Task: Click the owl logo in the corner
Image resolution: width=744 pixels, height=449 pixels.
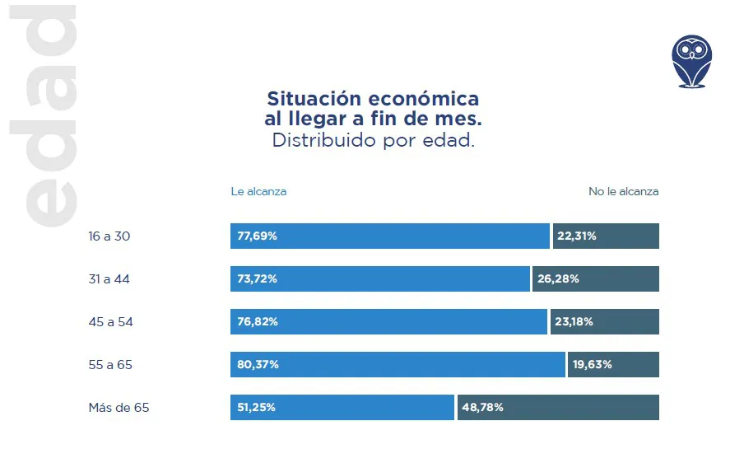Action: (691, 61)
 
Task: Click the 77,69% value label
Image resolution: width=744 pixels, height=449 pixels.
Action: (257, 236)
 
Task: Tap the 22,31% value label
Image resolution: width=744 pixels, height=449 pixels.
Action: (576, 236)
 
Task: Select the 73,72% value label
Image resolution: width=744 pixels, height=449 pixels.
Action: (257, 279)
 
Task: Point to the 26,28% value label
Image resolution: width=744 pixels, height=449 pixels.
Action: (558, 279)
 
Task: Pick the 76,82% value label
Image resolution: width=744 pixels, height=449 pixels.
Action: (257, 322)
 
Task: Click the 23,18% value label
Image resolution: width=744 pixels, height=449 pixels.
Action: (574, 322)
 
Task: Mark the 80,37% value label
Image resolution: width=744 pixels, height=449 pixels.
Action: (258, 365)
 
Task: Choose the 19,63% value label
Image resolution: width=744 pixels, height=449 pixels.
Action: (592, 365)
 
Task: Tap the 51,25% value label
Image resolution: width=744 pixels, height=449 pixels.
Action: (256, 408)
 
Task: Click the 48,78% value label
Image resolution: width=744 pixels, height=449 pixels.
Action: (483, 408)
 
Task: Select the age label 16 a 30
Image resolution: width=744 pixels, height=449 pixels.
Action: (109, 236)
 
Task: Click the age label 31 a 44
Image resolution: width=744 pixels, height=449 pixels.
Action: (109, 279)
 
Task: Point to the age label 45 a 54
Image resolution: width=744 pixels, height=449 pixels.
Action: (110, 322)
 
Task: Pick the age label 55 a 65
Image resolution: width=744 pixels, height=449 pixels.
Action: (110, 365)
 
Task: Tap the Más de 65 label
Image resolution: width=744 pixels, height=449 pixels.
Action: (119, 408)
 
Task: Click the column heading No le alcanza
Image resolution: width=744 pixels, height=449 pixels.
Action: (623, 192)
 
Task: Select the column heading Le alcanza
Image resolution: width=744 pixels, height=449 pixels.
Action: (258, 192)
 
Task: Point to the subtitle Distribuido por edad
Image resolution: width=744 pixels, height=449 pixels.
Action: (374, 141)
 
